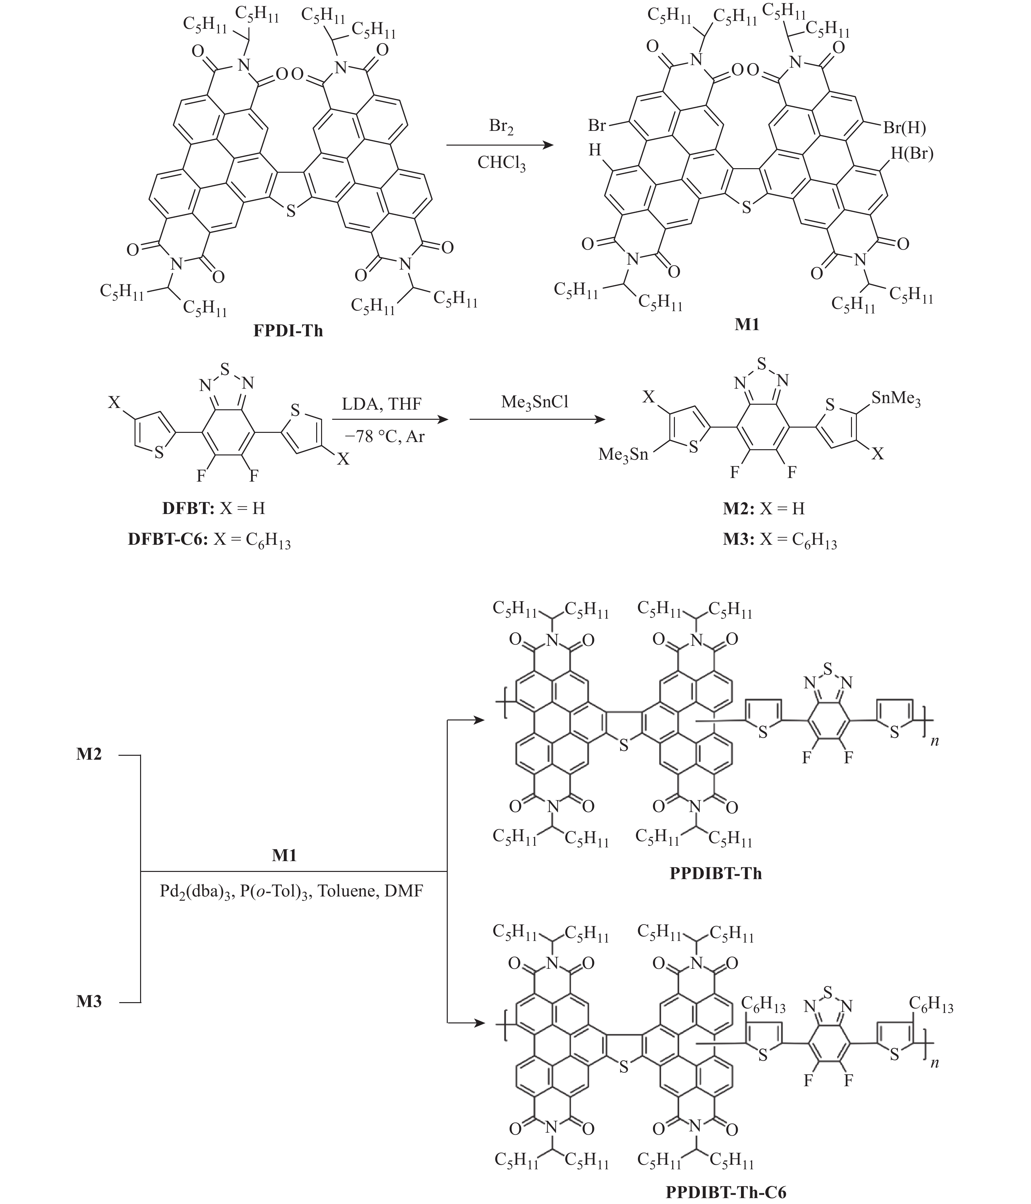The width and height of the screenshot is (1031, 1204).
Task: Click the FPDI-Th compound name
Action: pos(288,331)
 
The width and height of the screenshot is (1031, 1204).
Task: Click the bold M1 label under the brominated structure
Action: pos(747,324)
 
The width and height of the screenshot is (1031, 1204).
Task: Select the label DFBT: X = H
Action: pos(214,508)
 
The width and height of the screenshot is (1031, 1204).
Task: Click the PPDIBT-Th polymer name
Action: pos(715,873)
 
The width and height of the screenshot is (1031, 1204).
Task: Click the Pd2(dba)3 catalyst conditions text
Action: pos(291,891)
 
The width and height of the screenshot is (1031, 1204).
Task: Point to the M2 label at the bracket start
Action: pos(89,754)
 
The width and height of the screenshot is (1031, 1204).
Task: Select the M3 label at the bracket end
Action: pos(89,1001)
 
